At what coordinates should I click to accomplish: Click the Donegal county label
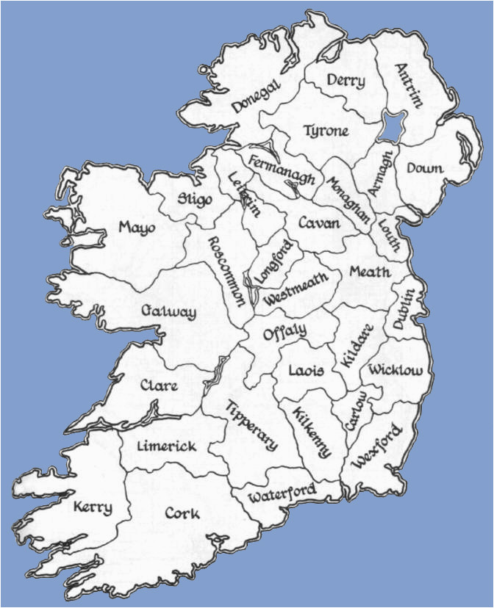click(257, 96)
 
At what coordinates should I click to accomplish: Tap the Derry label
click(345, 81)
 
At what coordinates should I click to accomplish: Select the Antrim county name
click(409, 85)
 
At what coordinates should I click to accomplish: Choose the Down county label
click(425, 168)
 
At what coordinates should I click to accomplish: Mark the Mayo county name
click(137, 228)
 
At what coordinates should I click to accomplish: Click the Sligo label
click(195, 198)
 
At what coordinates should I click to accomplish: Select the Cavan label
click(319, 222)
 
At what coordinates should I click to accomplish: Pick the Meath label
click(369, 272)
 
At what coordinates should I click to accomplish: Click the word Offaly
click(284, 332)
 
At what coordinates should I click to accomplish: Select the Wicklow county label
click(396, 369)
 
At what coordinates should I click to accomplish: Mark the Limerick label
click(167, 446)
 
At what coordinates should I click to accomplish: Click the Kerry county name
click(93, 507)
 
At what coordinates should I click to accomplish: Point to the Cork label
click(181, 513)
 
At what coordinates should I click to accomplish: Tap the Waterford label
click(282, 493)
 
